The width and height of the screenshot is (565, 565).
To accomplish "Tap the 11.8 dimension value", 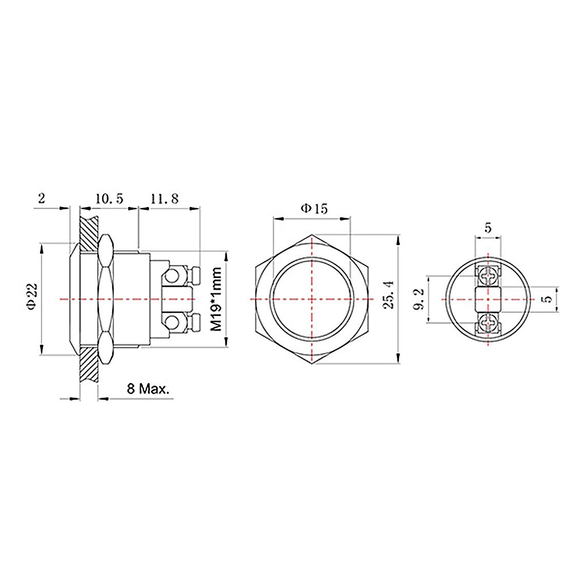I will click(164, 199).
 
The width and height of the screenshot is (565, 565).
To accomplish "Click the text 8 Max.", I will click(148, 389).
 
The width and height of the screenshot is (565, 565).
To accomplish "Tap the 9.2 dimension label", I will click(419, 299).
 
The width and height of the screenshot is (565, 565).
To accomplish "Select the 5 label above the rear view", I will click(487, 227).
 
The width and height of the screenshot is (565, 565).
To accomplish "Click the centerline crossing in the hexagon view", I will click(311, 299).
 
